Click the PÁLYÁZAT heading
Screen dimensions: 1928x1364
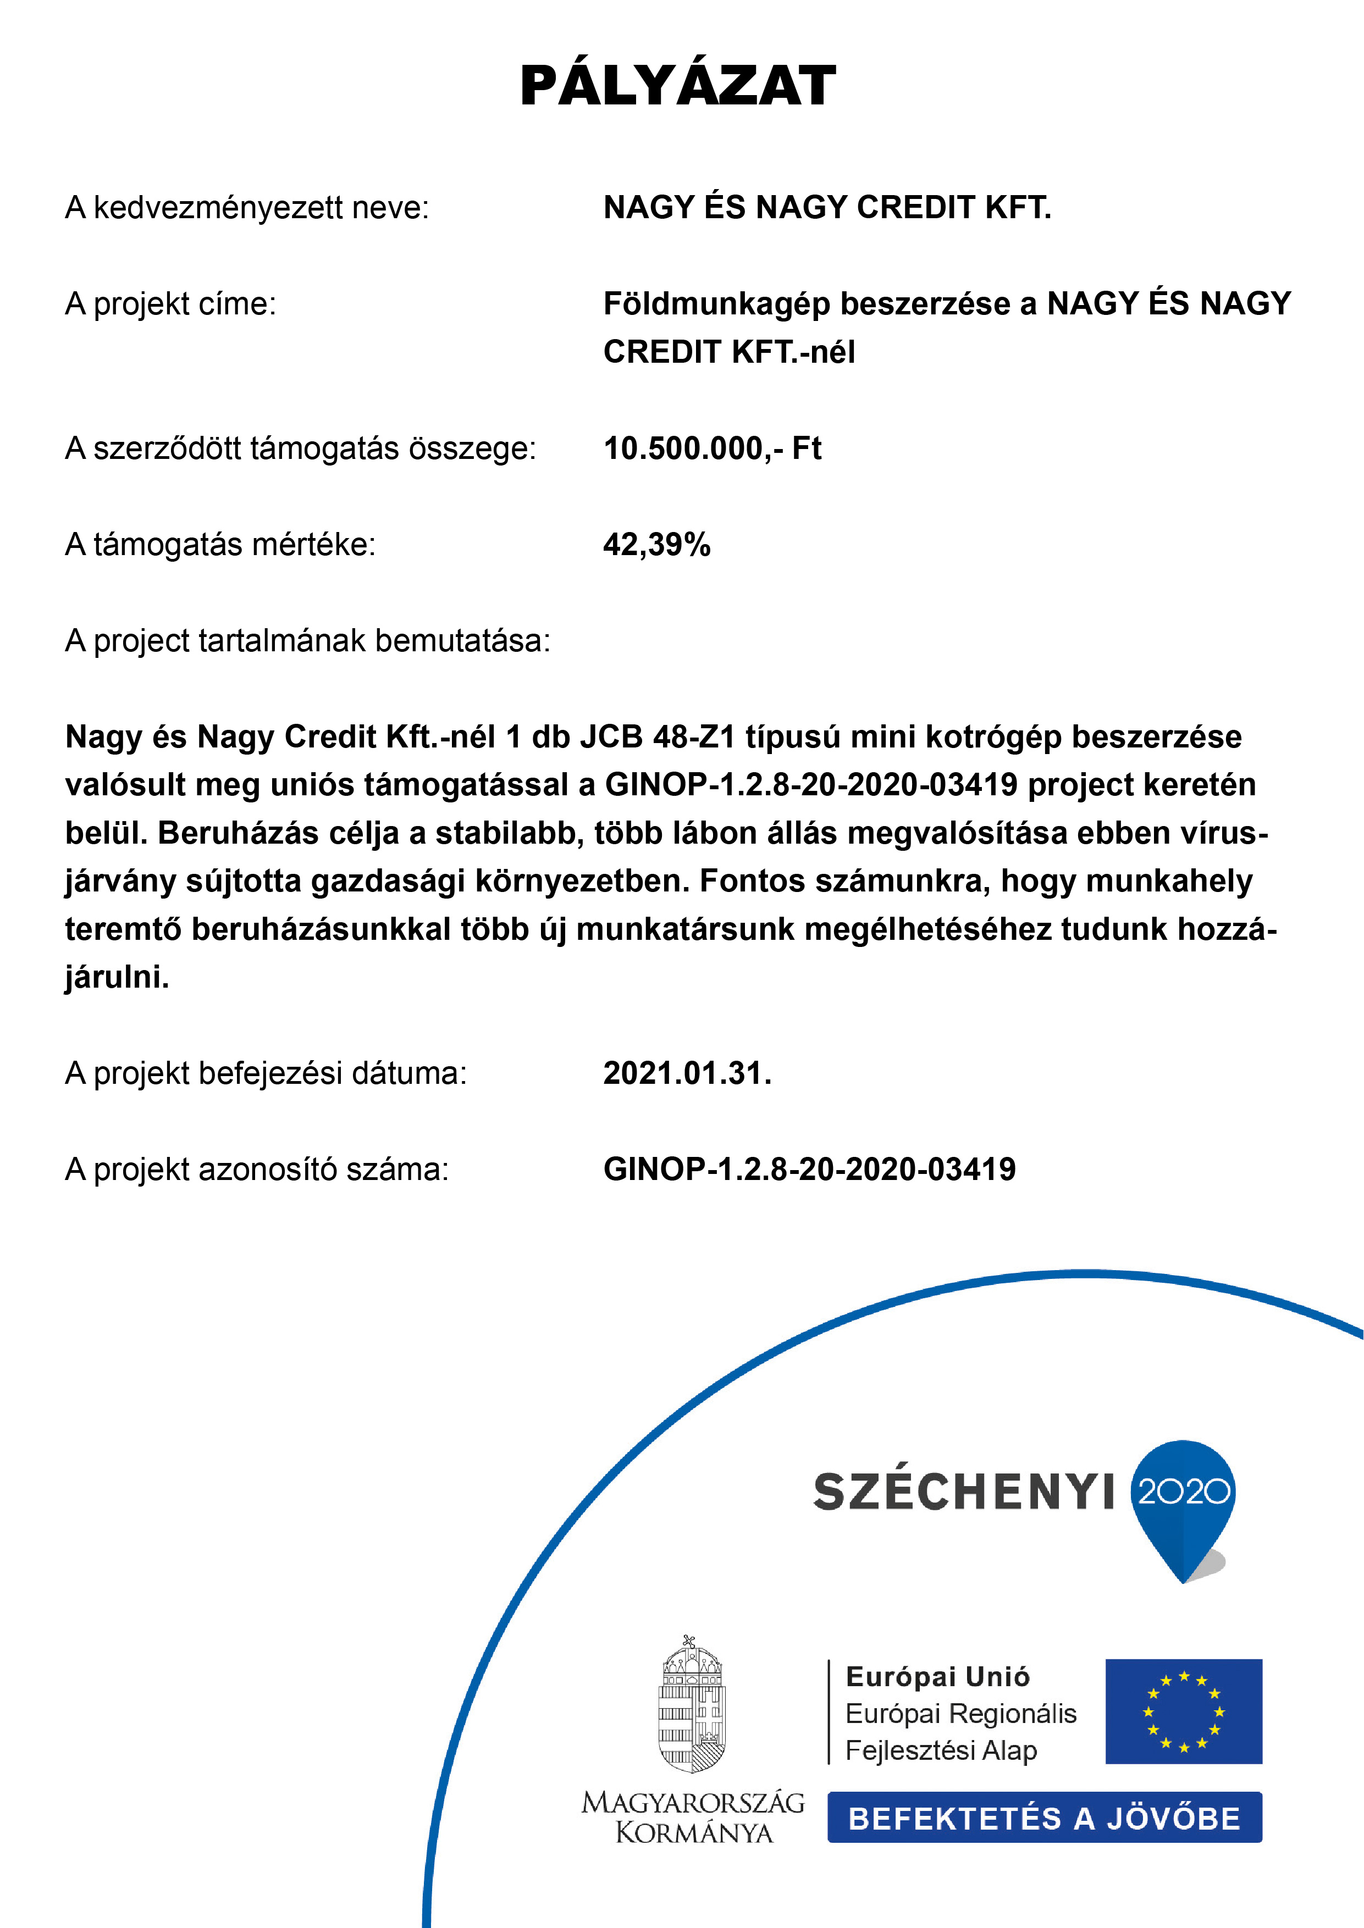678,86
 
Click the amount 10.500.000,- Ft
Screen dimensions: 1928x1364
712,448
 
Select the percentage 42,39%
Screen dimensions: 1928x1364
657,545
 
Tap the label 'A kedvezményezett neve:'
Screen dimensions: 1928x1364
247,207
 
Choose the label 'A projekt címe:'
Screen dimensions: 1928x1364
170,304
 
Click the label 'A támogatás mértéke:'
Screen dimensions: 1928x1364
220,545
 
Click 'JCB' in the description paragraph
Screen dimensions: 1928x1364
611,736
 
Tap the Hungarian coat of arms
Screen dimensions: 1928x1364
691,1705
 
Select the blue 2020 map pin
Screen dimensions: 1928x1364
1184,1503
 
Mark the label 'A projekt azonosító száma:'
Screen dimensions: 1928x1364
257,1170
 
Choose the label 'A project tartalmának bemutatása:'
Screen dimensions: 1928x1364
307,641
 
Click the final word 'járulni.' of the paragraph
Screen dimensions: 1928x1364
117,977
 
